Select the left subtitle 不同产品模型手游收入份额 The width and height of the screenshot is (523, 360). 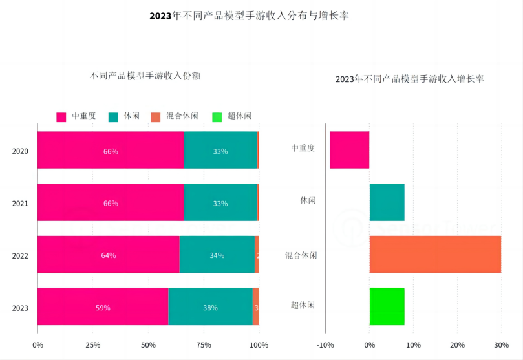pyautogui.click(x=145, y=76)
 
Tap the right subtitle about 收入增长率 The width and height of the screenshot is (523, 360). pyautogui.click(x=409, y=79)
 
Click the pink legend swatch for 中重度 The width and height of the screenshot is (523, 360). pyautogui.click(x=61, y=116)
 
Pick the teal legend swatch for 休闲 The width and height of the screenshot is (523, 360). pyautogui.click(x=113, y=116)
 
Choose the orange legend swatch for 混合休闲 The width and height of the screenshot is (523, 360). pyautogui.click(x=155, y=116)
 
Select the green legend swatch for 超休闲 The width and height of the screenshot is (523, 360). pyautogui.click(x=217, y=116)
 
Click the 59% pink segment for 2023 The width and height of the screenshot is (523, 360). pyautogui.click(x=103, y=307)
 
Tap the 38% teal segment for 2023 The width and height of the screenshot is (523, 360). pyautogui.click(x=210, y=307)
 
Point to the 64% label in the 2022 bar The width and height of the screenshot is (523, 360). pyautogui.click(x=109, y=255)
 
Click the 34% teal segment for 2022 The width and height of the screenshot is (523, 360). pyautogui.click(x=217, y=255)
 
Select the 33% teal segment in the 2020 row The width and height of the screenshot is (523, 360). pyautogui.click(x=220, y=151)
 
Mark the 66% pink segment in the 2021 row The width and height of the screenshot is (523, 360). pyautogui.click(x=111, y=203)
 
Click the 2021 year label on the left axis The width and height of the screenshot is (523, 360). pyautogui.click(x=20, y=203)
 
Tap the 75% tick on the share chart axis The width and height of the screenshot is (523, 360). pyautogui.click(x=204, y=344)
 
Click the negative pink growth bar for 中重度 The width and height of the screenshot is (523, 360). pyautogui.click(x=349, y=150)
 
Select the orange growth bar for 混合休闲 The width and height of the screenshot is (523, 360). pyautogui.click(x=435, y=254)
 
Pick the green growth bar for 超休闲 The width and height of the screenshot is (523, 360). pyautogui.click(x=387, y=306)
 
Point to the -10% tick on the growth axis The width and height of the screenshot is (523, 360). pyautogui.click(x=325, y=344)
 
